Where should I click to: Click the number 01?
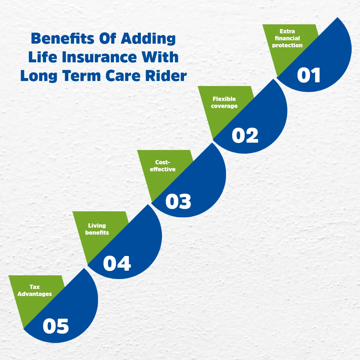[309, 75]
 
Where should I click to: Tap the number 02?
[245, 136]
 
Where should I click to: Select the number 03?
[178, 202]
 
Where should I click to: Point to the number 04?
[117, 263]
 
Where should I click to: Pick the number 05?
[56, 326]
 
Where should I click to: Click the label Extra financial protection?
[287, 38]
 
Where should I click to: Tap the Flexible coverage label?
[224, 102]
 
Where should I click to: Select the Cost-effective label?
[163, 166]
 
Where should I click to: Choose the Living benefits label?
[97, 229]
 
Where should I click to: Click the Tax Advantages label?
[35, 290]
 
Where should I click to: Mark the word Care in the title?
[124, 76]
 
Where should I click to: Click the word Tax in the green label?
[35, 287]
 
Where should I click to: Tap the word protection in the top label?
[287, 45]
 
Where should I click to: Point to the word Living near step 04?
[97, 226]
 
